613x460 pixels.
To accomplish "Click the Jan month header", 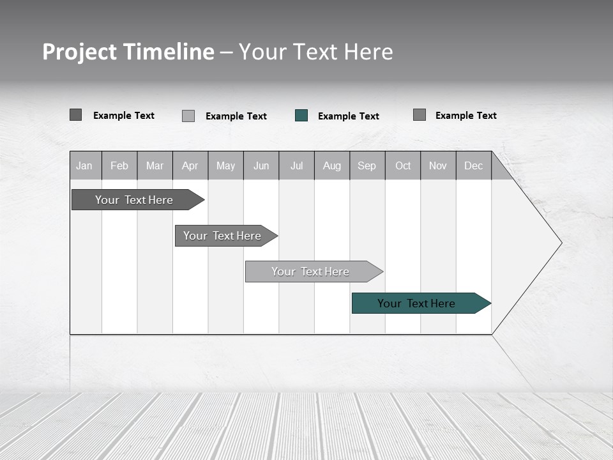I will coord(84,165).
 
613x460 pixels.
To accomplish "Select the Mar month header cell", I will coord(155,165).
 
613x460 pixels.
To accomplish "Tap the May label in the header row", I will coord(225,165).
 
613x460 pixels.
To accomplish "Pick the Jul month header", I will coord(296,165).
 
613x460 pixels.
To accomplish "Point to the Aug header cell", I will coord(331,165).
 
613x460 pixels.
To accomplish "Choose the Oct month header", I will coord(403,165).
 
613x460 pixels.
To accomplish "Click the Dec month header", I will coord(473,165).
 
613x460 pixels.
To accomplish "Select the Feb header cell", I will coord(119,165).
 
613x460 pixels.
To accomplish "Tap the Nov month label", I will coord(438,165).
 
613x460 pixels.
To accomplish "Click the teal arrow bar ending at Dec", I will coord(416,303).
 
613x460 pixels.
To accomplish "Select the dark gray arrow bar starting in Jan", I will coord(134,200).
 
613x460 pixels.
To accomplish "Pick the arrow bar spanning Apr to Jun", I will coord(222,236).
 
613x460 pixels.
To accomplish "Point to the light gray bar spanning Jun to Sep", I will coord(310,272).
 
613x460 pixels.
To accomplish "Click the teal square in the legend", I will coord(301,116).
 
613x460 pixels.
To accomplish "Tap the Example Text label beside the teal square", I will coord(348,116).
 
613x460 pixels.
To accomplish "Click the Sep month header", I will coord(367,165).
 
